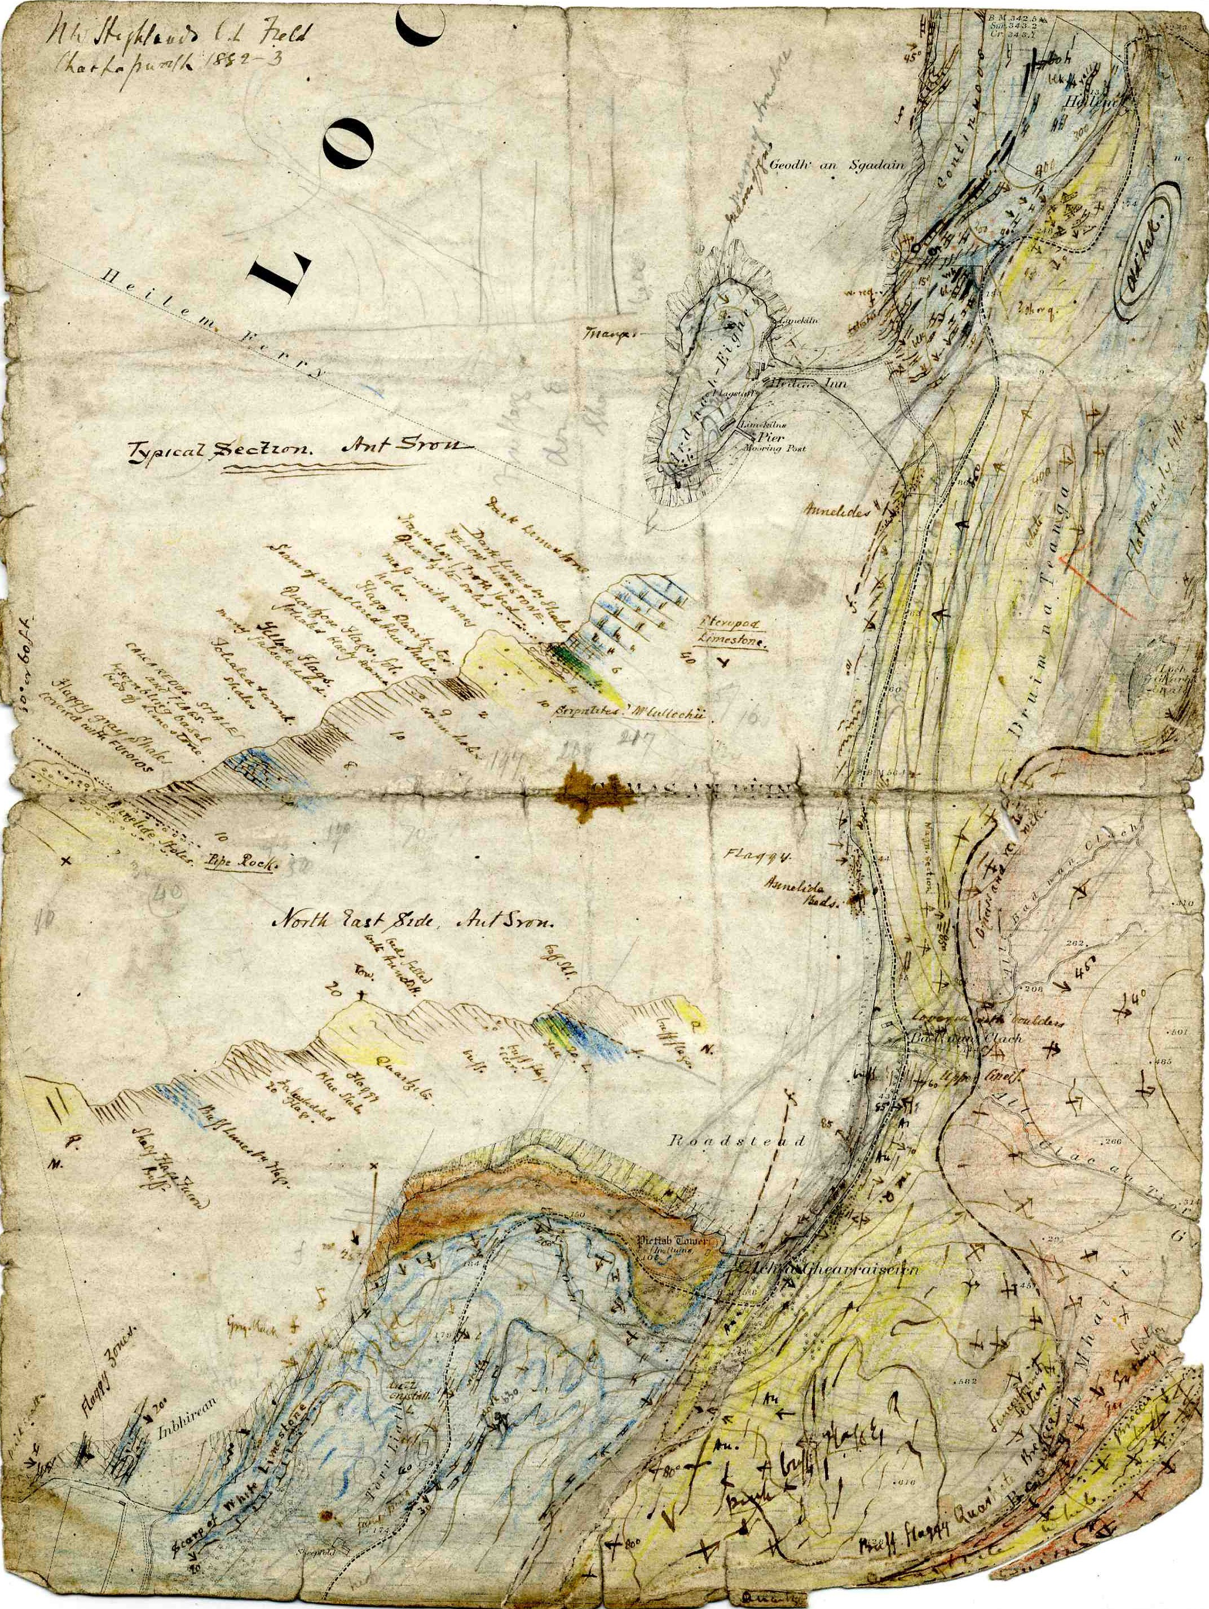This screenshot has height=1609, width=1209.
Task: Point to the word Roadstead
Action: (736, 1141)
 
